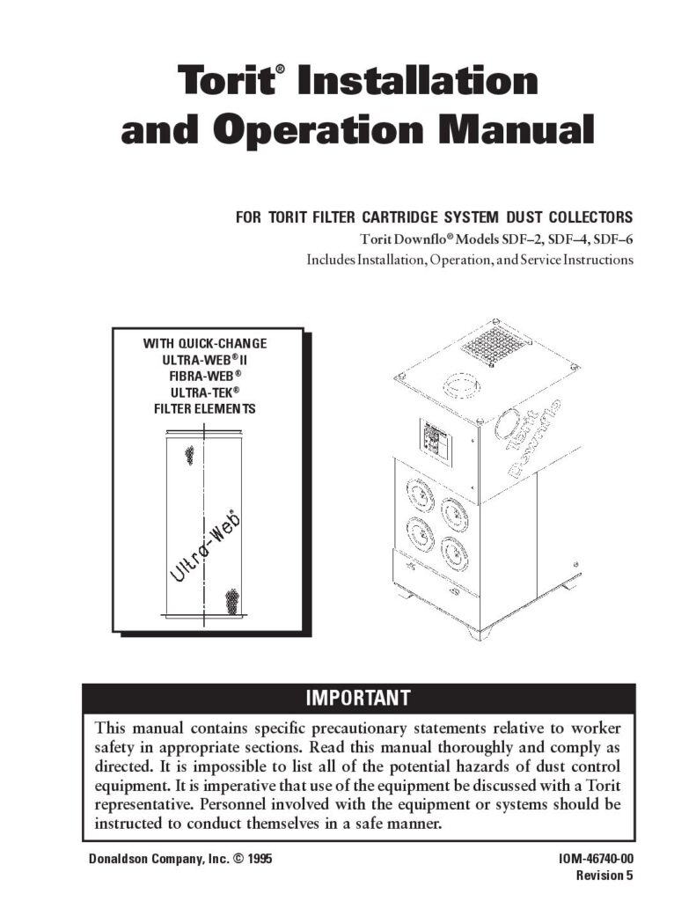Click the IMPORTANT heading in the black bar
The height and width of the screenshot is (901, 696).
coord(357,699)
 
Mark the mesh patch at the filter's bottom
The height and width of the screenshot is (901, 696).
coord(232,602)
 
